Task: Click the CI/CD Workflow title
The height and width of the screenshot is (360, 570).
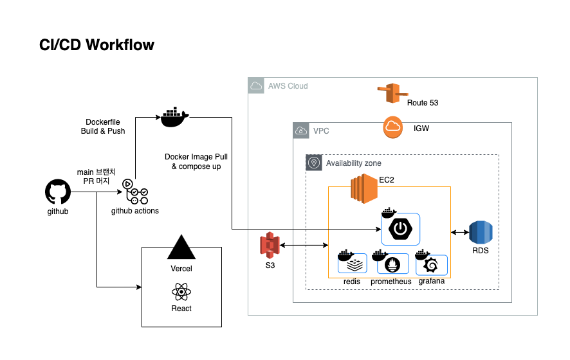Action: click(97, 45)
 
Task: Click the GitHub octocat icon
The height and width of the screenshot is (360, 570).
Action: click(57, 192)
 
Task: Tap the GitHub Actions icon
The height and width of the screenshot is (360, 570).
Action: click(135, 192)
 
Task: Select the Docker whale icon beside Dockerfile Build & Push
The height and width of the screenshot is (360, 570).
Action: click(174, 116)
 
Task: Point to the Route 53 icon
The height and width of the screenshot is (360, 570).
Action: click(390, 94)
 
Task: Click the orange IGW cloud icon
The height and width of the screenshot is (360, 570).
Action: click(394, 128)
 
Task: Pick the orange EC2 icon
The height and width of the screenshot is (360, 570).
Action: click(363, 188)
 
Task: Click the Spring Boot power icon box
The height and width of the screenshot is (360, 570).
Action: click(400, 229)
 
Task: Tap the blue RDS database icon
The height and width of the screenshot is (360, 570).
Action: click(480, 233)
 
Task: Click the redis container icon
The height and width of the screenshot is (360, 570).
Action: click(353, 264)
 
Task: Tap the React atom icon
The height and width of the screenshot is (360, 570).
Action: click(181, 292)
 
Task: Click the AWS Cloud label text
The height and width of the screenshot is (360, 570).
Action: click(288, 86)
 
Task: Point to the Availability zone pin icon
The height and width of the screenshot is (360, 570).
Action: click(314, 163)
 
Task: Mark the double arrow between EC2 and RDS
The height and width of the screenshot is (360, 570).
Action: click(459, 233)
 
